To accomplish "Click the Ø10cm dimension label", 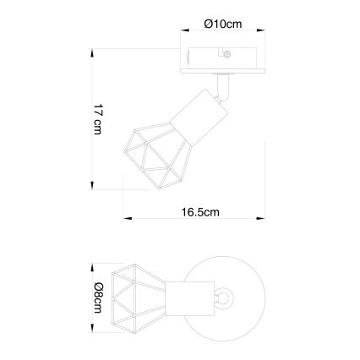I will tap(223, 25).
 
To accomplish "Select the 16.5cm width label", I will tap(200, 213).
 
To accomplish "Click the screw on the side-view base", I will tap(227, 57).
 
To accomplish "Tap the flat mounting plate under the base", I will tap(223, 72).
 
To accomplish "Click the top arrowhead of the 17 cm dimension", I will tap(91, 52).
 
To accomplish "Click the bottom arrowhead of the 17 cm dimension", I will tap(91, 183).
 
